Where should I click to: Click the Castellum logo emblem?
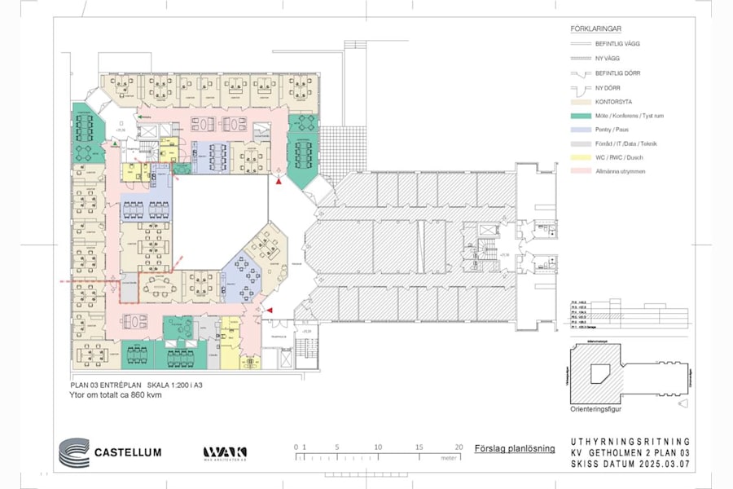pyautogui.click(x=73, y=452)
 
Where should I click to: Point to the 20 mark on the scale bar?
pyautogui.click(x=459, y=447)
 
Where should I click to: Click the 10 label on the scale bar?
pyautogui.click(x=378, y=447)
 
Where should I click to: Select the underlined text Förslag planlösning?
pyautogui.click(x=515, y=448)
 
